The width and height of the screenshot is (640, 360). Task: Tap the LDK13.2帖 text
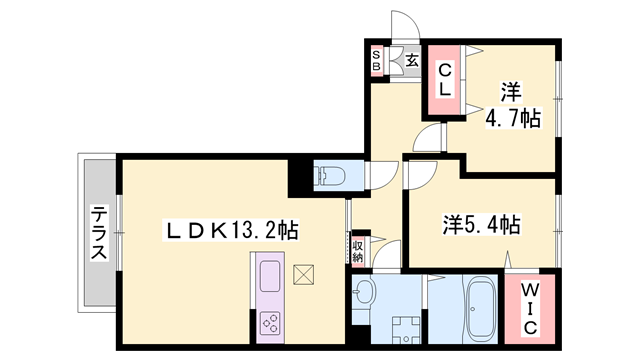(x=231, y=231)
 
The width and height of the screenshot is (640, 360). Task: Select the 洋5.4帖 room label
(x=480, y=224)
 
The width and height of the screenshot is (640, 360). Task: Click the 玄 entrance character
(x=412, y=60)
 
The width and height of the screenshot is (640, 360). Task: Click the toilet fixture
(x=330, y=177)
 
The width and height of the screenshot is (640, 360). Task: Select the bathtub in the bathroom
(x=480, y=310)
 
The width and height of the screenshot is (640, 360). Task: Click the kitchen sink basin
(x=271, y=274)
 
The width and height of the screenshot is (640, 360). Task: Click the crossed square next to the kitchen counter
(x=304, y=273)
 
